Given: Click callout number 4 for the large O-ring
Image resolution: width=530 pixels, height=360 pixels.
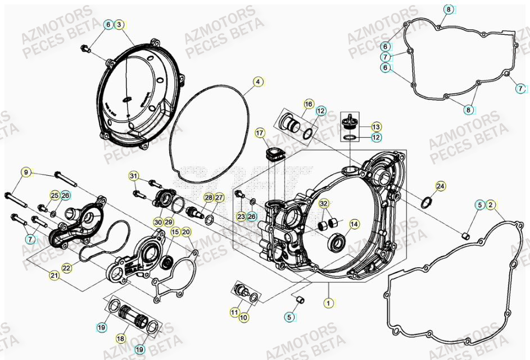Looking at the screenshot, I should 257,82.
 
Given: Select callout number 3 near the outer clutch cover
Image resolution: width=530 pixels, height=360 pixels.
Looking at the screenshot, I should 119,25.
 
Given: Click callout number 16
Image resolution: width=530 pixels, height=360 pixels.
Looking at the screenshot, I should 309,104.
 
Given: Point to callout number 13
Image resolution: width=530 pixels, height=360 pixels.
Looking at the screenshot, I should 376,126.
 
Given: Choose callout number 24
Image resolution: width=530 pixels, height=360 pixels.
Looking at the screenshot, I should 440,186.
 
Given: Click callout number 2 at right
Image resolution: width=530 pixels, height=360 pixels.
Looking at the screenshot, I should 491,206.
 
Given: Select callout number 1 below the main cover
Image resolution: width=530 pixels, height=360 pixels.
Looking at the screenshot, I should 327,303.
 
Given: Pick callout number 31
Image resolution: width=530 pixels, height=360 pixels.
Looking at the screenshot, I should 133,176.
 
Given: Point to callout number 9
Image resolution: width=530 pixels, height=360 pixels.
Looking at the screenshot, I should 25,171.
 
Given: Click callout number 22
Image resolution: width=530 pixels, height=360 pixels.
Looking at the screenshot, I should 66,268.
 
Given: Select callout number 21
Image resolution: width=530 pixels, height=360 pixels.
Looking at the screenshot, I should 54,275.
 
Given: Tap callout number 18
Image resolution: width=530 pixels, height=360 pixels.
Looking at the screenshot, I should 120,339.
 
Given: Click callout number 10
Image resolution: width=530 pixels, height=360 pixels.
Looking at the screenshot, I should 244,318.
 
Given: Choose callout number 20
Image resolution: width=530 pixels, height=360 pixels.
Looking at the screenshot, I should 187,231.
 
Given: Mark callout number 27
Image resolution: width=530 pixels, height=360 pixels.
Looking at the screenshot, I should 219,197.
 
